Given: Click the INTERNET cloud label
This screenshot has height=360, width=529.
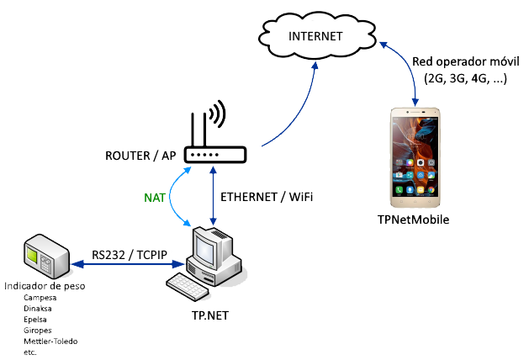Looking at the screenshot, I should tap(315, 36).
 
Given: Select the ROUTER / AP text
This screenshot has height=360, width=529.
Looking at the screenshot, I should tap(140, 156).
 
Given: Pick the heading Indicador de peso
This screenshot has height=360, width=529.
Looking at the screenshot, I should tap(44, 287).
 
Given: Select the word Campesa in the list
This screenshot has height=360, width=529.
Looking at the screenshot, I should tap(41, 299).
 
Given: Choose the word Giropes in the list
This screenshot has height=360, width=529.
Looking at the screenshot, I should tap(40, 331).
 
